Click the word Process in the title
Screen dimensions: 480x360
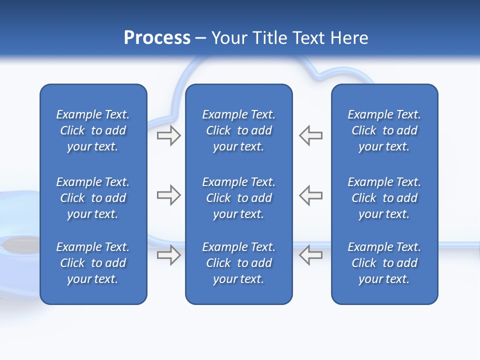[157, 38]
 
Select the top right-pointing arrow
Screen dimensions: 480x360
[168, 135]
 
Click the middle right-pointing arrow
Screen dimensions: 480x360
[168, 195]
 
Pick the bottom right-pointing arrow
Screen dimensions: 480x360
[168, 255]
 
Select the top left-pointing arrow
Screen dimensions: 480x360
[311, 135]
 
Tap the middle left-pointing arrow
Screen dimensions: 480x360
[311, 195]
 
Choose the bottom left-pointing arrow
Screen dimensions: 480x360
[311, 255]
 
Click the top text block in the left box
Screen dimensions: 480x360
[93, 130]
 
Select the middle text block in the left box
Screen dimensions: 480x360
[93, 198]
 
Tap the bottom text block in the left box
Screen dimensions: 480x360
[93, 263]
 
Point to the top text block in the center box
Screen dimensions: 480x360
[239, 130]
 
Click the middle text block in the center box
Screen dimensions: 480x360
[239, 198]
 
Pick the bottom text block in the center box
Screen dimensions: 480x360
[239, 263]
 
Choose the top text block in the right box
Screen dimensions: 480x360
[384, 130]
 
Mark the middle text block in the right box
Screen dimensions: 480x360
[384, 198]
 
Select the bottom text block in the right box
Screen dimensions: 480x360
[384, 263]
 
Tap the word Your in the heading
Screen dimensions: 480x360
[228, 38]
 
